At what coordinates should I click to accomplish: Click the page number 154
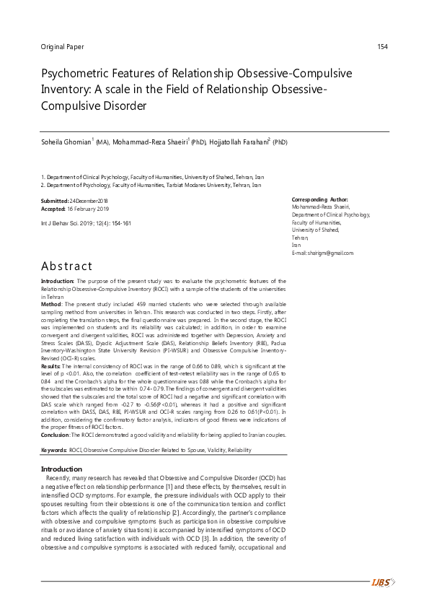point(383,48)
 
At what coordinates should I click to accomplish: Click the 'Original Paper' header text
point(63,48)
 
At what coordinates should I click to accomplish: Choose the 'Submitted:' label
point(56,200)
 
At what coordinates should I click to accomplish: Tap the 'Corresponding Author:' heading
point(319,199)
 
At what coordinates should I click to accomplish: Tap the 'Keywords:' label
point(54,430)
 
